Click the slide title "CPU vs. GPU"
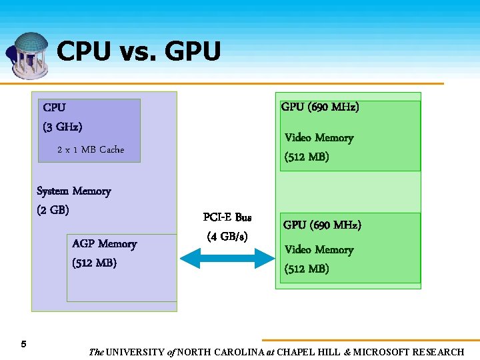(x=139, y=51)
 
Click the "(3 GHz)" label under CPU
(x=63, y=127)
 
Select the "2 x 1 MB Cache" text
(x=91, y=149)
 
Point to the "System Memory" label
(x=74, y=191)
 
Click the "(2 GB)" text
(x=53, y=210)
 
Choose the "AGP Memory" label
(x=104, y=244)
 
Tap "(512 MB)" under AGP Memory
(x=94, y=263)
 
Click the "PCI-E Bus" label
(x=227, y=217)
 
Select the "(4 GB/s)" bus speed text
(x=227, y=236)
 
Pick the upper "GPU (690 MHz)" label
(x=320, y=107)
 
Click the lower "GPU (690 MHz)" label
(x=322, y=225)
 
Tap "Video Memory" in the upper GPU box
(x=319, y=138)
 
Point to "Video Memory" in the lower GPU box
(x=319, y=250)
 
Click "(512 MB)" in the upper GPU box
(x=307, y=157)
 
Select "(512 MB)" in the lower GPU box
(x=307, y=269)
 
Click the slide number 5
(x=23, y=344)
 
